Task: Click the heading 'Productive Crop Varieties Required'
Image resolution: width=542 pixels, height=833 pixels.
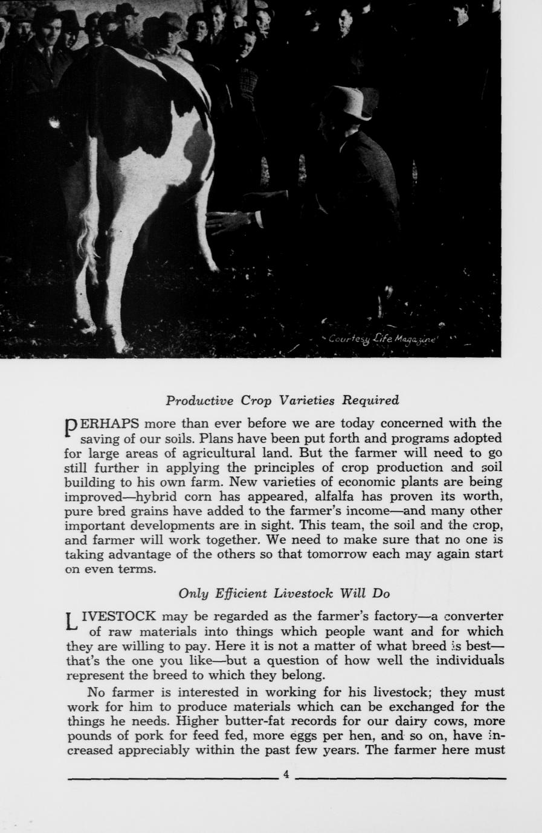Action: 282,400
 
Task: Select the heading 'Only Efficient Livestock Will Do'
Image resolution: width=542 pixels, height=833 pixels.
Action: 284,593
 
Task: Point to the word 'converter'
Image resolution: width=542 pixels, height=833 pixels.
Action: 473,616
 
